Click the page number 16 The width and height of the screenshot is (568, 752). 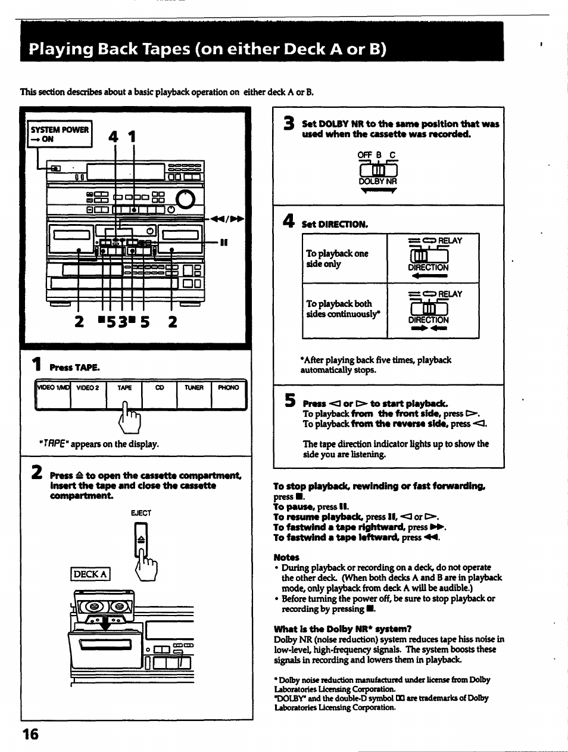coord(30,734)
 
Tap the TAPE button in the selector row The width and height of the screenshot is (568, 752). coord(124,388)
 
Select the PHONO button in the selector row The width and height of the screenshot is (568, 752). coord(229,388)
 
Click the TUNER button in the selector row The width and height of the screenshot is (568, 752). coord(194,388)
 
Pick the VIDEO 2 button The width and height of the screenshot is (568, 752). coord(88,388)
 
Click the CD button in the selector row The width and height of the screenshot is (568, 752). coord(160,388)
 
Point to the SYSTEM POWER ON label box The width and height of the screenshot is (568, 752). coord(60,134)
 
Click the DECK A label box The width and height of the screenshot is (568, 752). coord(90,574)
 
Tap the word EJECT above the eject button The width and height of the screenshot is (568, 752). coord(141,512)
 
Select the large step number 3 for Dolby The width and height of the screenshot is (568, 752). coord(289,123)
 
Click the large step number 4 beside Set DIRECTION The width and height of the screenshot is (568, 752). coord(289,222)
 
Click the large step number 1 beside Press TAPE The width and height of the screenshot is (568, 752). coord(37,364)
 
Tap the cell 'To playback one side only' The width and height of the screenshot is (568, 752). coord(337,259)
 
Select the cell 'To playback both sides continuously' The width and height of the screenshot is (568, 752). coord(342,309)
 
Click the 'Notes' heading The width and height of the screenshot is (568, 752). coord(286,557)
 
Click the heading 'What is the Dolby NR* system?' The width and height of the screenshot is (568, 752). coord(342,629)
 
